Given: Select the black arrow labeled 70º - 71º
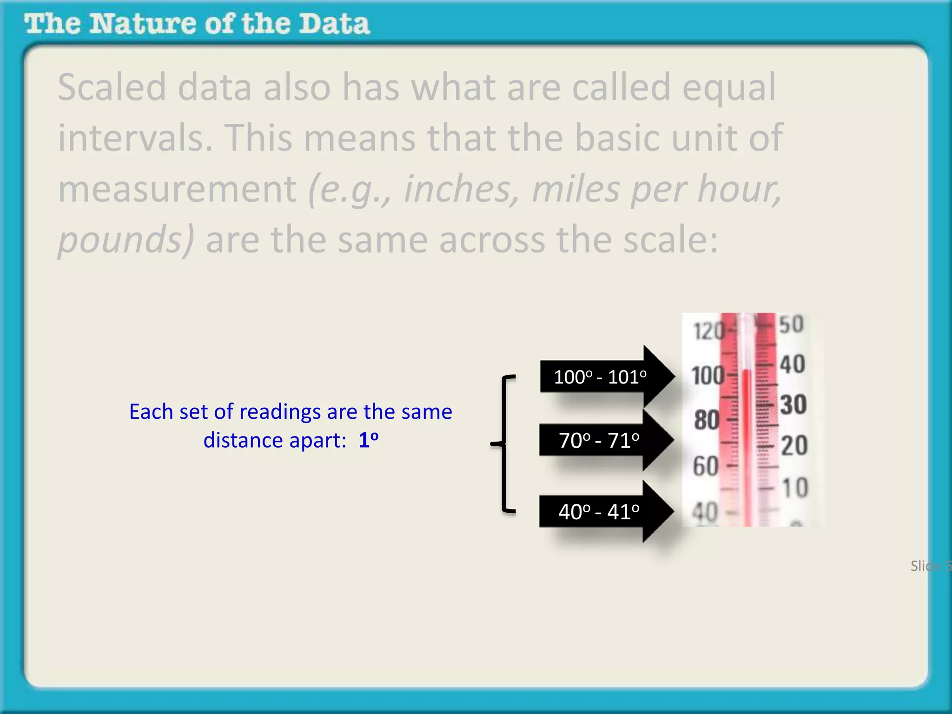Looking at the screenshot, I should point(600,440).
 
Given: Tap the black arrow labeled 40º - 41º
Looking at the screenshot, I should point(600,511).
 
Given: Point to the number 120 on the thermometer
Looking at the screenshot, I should point(708,331).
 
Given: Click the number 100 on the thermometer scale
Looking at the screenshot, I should point(707,376).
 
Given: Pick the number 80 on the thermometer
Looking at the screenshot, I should point(707,420).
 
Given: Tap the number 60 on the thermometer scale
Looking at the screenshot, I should point(706,466).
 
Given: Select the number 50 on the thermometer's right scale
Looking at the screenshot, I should point(791,324).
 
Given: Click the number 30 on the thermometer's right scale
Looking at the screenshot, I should point(793,404).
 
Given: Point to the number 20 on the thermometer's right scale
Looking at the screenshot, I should point(794,445).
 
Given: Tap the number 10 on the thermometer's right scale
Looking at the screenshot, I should point(795,487).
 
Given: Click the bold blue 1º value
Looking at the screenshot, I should point(368,440).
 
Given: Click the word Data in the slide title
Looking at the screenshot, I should point(334,24).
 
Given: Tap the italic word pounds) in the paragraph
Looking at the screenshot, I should point(126,240).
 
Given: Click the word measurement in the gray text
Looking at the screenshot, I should point(177,189).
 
